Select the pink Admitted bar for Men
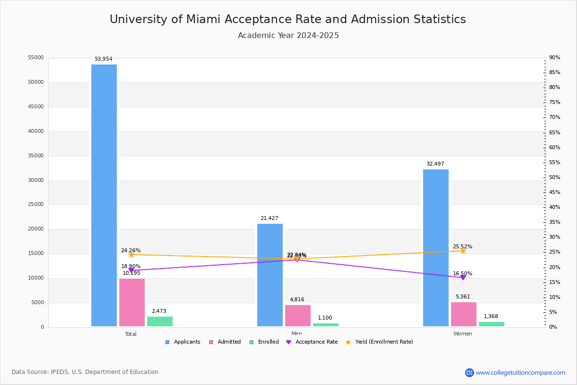click(x=298, y=316)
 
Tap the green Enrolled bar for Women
click(x=491, y=324)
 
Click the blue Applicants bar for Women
click(x=436, y=248)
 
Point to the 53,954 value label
click(x=103, y=59)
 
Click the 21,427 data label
click(x=269, y=218)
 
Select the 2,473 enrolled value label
click(x=159, y=311)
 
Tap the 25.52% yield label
click(x=462, y=247)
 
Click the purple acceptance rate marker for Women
click(x=463, y=278)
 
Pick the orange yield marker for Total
click(x=131, y=255)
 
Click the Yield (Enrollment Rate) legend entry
click(x=384, y=342)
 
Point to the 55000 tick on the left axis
click(x=36, y=58)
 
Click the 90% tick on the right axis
click(x=554, y=58)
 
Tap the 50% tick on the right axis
click(x=554, y=178)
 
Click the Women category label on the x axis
click(x=463, y=334)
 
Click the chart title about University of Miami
click(x=288, y=19)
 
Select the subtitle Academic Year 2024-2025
click(x=288, y=36)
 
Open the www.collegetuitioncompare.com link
click(x=520, y=372)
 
